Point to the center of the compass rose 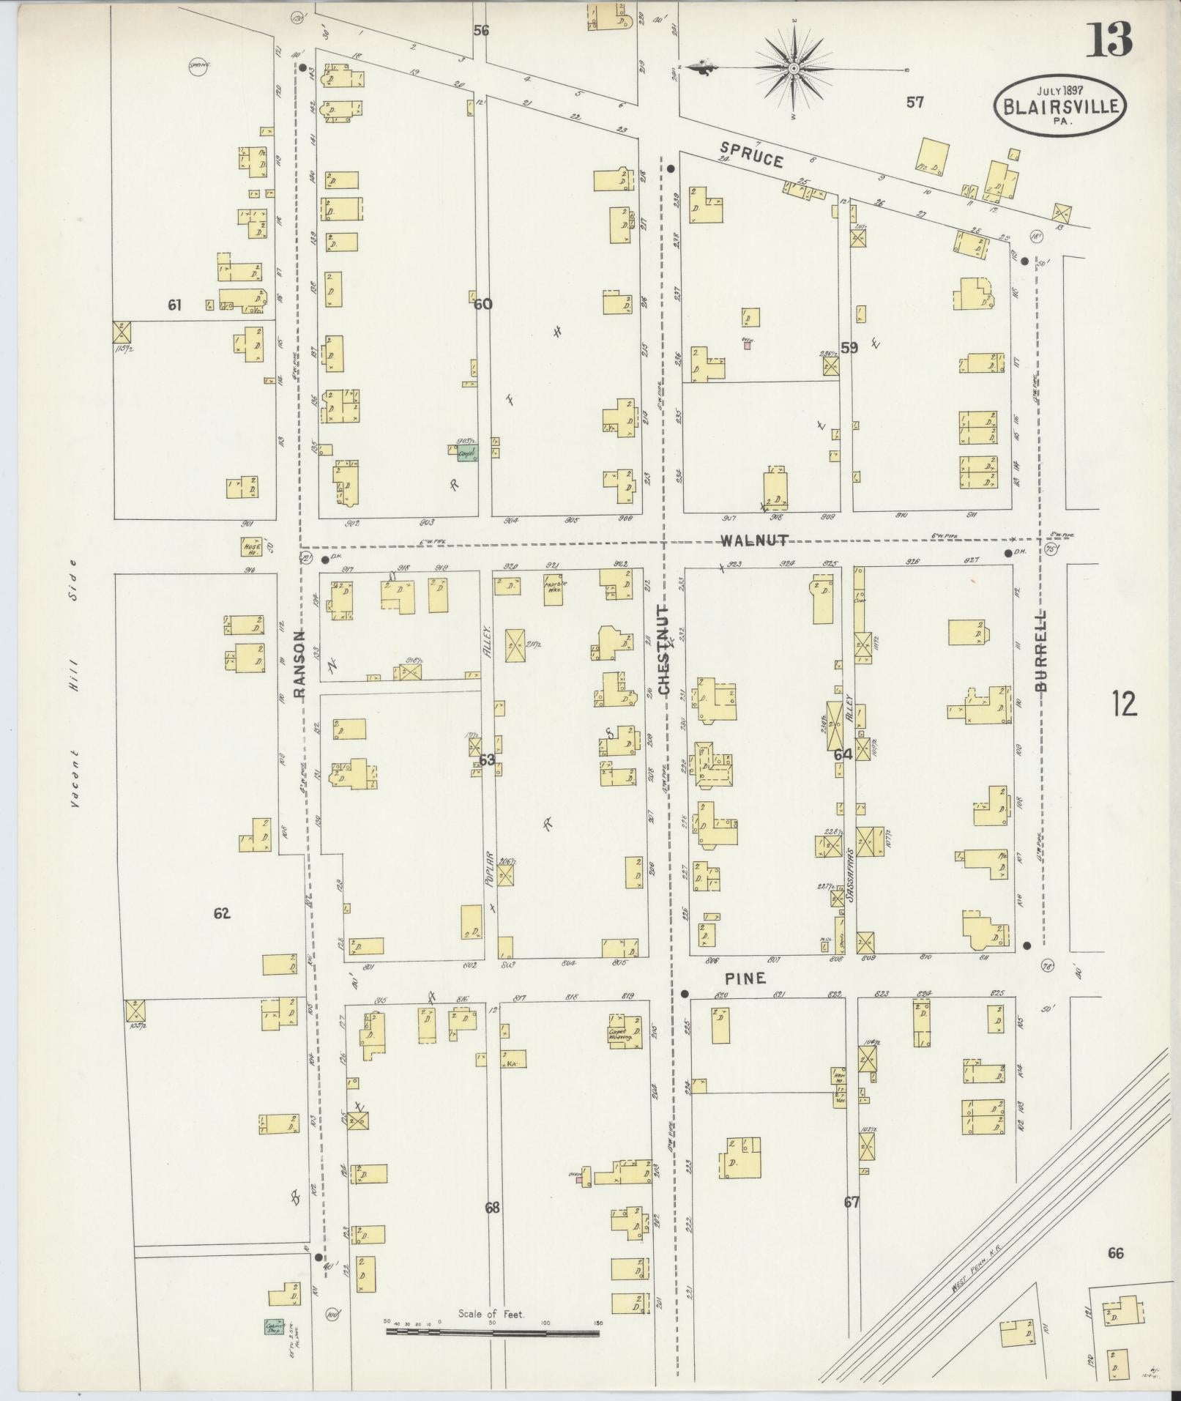794,69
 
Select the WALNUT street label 753,540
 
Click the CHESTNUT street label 664,650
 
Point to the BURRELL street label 1042,651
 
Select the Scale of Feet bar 492,1332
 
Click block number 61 174,305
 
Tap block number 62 222,913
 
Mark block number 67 851,1202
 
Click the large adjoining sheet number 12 1123,704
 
